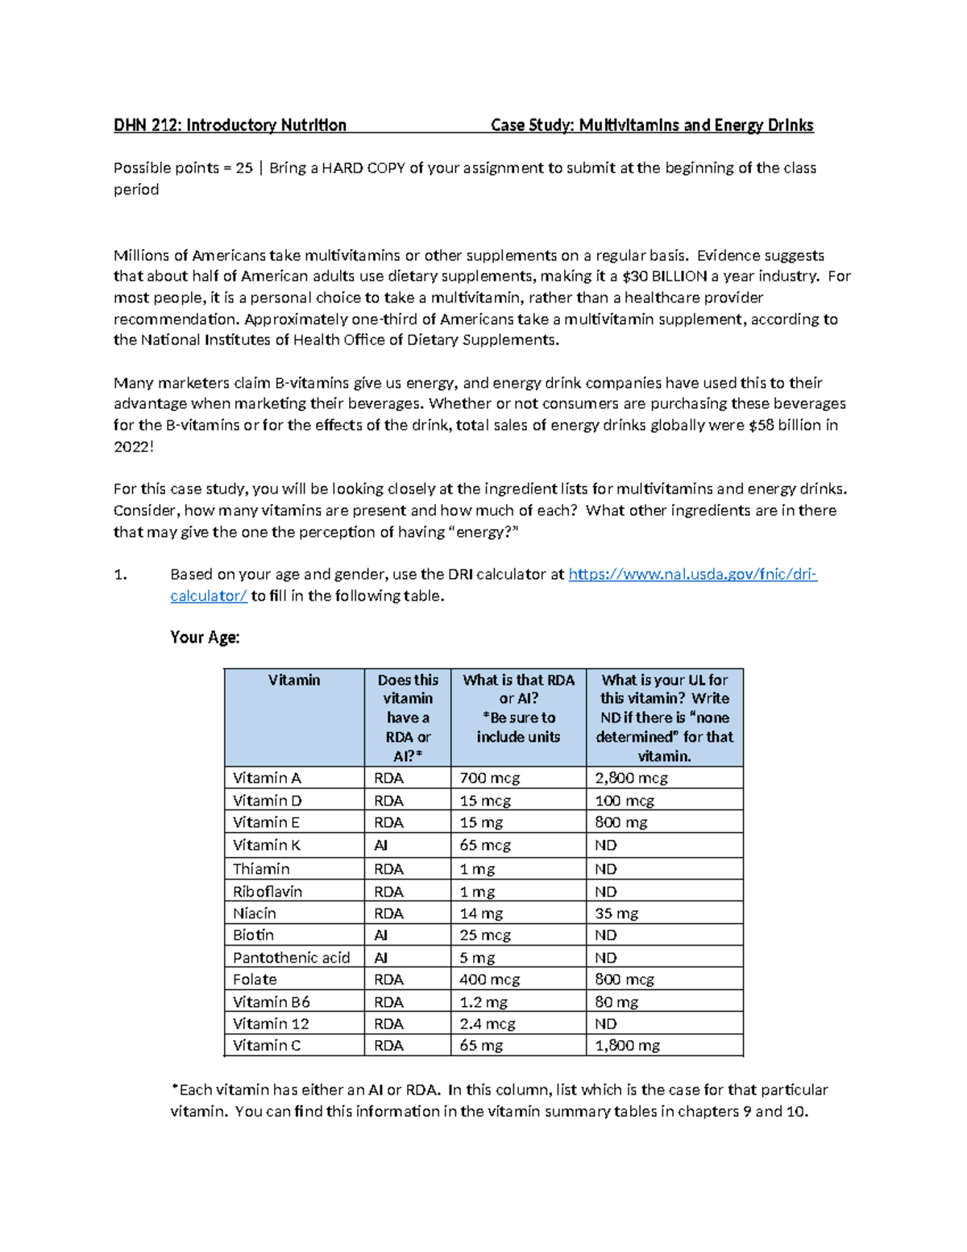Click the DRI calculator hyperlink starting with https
[x=692, y=574]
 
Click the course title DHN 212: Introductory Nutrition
[x=230, y=125]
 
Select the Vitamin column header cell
[x=294, y=680]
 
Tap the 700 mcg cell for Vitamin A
[x=490, y=778]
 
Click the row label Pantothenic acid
[x=291, y=958]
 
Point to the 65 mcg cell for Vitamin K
[x=485, y=845]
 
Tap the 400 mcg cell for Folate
[x=490, y=980]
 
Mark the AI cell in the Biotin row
[x=381, y=935]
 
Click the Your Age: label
[x=205, y=638]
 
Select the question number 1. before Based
[x=121, y=575]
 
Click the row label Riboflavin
[x=268, y=892]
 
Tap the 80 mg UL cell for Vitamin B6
[x=616, y=1002]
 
